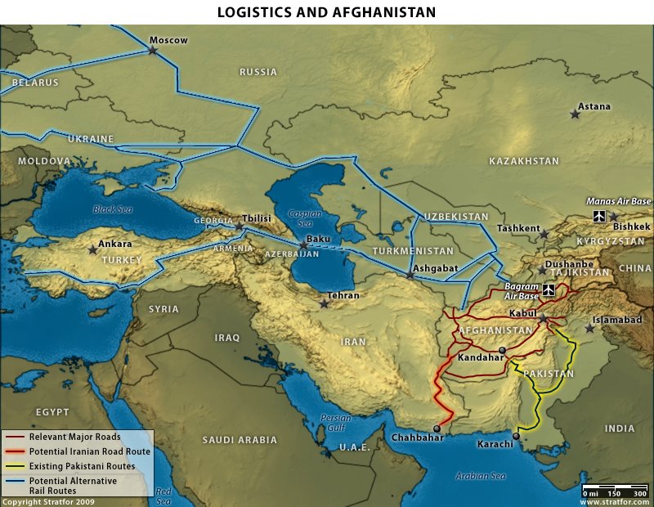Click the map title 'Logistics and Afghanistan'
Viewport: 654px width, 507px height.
pyautogui.click(x=326, y=12)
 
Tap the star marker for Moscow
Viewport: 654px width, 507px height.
pyautogui.click(x=153, y=51)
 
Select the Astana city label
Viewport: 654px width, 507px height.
pyautogui.click(x=594, y=106)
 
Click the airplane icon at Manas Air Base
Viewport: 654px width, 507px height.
pyautogui.click(x=600, y=216)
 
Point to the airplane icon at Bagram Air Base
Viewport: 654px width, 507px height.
pyautogui.click(x=548, y=289)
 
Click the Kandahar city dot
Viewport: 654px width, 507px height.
pyautogui.click(x=502, y=350)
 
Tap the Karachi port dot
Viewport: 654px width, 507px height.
pyautogui.click(x=516, y=436)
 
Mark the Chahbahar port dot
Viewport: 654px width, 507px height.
pyautogui.click(x=437, y=428)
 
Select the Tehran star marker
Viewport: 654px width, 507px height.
pyautogui.click(x=325, y=304)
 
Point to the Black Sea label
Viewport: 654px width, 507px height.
pyautogui.click(x=110, y=209)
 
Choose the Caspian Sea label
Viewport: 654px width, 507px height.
pyautogui.click(x=303, y=218)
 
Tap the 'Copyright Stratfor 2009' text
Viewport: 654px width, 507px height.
pyautogui.click(x=49, y=500)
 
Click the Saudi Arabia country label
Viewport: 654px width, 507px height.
pyautogui.click(x=240, y=440)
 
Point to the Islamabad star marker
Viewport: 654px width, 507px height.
pyautogui.click(x=589, y=328)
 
